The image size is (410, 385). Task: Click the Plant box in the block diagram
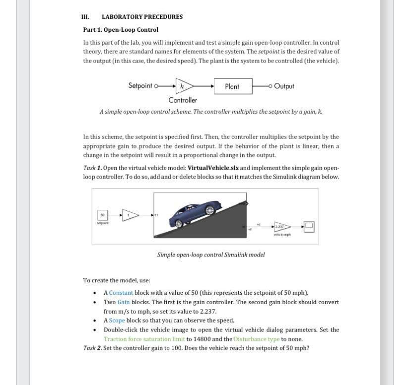[233, 86]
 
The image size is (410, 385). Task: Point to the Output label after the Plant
[284, 86]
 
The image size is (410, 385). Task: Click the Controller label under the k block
[183, 100]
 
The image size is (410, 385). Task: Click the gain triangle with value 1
[129, 215]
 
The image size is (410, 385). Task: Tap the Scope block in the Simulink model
[309, 227]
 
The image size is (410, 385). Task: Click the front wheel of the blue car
[210, 210]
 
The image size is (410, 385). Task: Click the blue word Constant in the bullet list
[121, 293]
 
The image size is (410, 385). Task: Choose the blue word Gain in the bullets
[123, 302]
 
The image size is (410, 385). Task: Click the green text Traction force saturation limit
[144, 339]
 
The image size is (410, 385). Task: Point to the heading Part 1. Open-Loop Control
[121, 30]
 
